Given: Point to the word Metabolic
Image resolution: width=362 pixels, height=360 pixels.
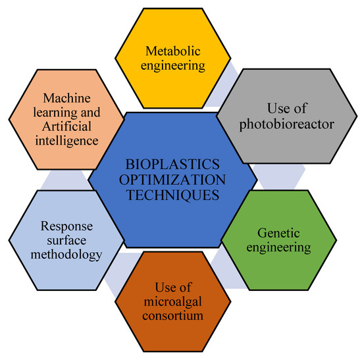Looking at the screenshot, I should click(174, 51).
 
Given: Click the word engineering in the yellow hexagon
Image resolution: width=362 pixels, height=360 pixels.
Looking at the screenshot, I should click(173, 65).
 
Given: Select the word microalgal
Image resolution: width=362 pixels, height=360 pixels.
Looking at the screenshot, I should click(174, 301).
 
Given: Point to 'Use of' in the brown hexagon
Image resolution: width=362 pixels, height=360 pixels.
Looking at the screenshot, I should click(174, 286).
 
